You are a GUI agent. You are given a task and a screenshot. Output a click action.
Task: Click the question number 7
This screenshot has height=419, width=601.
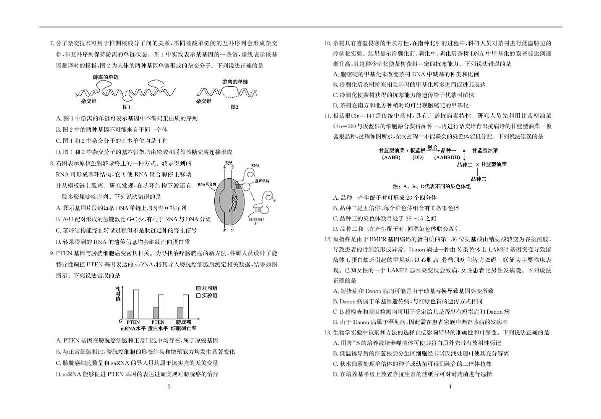coord(52,43)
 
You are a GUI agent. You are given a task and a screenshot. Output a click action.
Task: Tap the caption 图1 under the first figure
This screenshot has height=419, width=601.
coord(126,107)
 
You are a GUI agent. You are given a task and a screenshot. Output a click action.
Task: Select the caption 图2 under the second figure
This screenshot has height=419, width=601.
coord(234,107)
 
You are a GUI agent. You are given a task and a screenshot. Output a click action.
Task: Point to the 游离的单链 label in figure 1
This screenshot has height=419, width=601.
coord(106,77)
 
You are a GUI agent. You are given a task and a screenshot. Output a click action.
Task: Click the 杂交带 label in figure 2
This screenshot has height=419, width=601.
coord(204,101)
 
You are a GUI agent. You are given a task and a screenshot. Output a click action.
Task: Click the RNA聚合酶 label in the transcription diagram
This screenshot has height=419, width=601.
coord(207,184)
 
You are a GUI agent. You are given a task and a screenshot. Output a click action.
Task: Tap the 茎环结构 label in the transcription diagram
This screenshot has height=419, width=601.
coord(262,181)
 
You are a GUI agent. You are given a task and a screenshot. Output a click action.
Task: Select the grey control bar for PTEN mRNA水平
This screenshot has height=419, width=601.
coord(130,315)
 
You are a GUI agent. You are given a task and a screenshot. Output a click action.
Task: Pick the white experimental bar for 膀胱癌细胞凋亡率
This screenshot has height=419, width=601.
coord(186,306)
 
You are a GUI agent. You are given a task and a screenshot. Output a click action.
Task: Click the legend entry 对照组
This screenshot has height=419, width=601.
coord(207,288)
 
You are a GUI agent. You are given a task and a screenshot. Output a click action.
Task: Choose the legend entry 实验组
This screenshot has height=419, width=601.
coord(207,296)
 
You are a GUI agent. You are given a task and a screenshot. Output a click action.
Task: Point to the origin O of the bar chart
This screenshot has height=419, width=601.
coord(121,321)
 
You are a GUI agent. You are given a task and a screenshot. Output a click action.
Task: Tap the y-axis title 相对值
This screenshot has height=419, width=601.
coord(118,294)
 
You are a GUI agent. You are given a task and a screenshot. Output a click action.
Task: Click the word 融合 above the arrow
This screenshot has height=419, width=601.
coord(432,147)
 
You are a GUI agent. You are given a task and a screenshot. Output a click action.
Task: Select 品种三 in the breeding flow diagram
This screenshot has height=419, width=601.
coord(479,179)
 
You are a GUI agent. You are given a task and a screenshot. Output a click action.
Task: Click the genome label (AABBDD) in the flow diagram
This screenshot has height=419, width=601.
coord(447,158)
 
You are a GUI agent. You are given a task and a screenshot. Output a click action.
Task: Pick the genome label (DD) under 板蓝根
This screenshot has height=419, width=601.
coord(418,158)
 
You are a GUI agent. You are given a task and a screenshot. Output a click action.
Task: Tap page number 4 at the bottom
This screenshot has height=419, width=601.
coord(450,386)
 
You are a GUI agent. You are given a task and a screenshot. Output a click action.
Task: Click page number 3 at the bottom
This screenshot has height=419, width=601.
coord(169,386)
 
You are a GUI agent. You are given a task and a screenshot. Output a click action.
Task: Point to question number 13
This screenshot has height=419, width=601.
coord(328,332)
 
